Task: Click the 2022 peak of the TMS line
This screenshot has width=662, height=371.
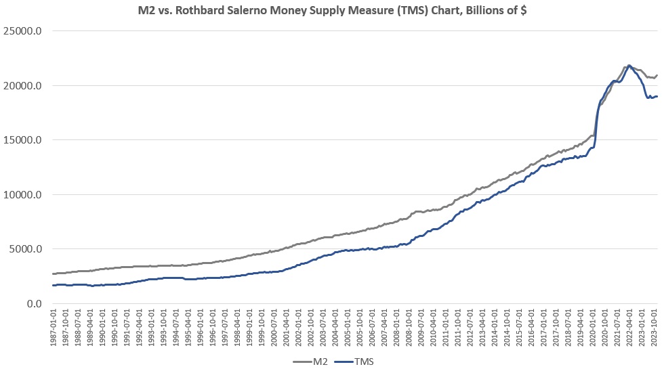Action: (629, 66)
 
